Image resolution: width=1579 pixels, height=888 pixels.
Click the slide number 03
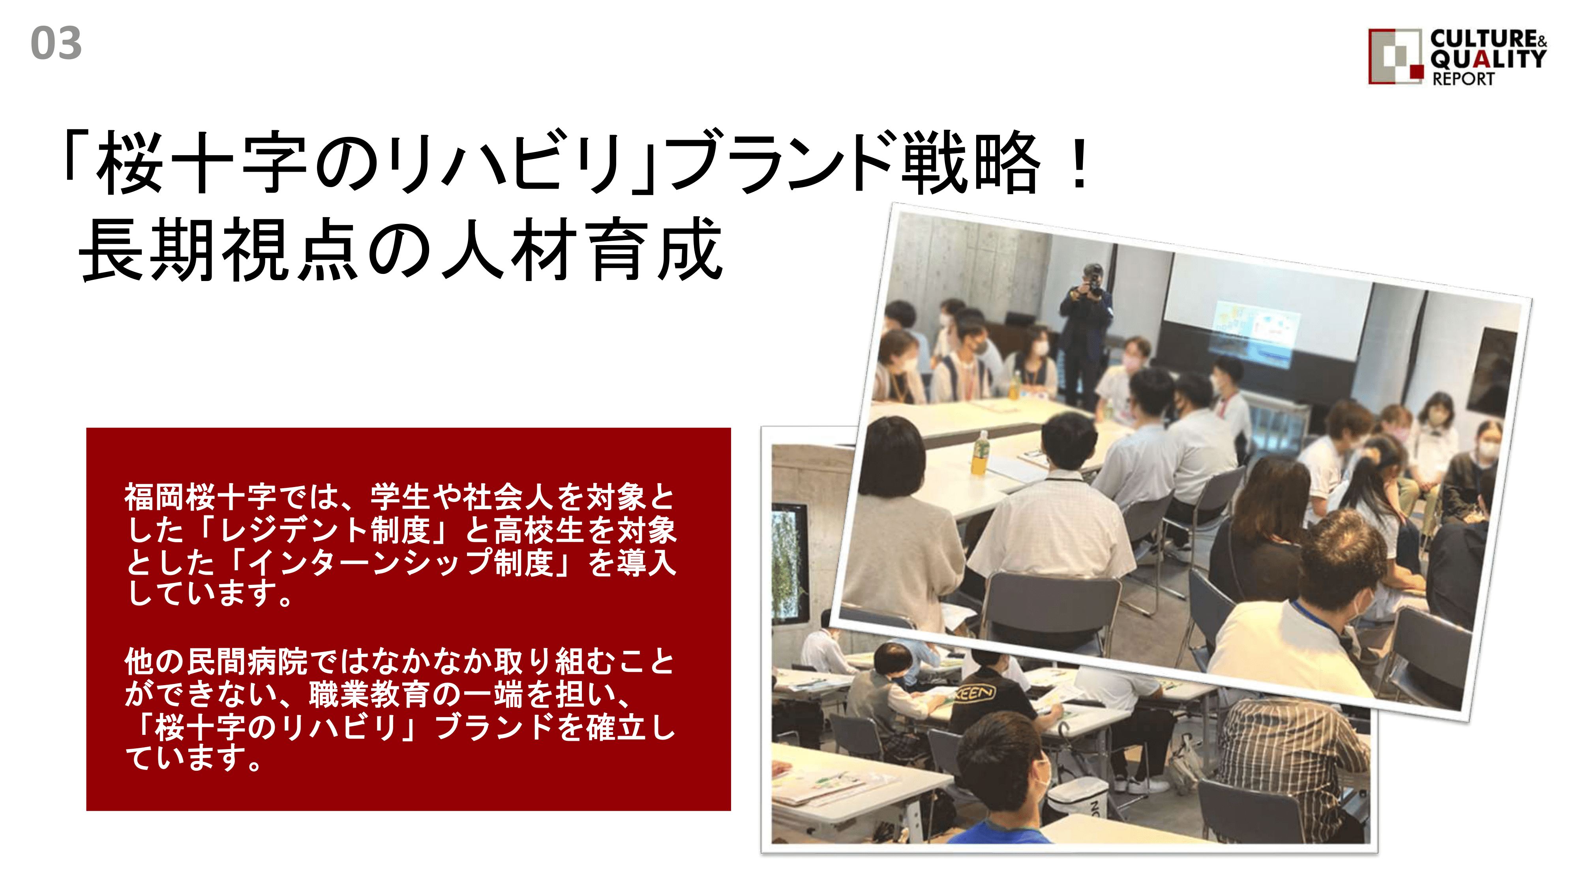(x=56, y=43)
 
